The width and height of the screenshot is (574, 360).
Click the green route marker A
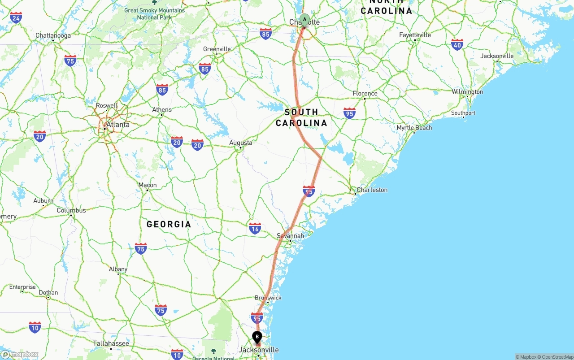pos(304,20)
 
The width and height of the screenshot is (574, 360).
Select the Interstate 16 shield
pos(255,228)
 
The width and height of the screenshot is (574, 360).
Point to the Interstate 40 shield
pos(457,44)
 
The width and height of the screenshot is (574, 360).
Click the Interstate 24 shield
pos(16,17)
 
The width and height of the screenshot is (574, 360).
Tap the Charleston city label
pos(372,190)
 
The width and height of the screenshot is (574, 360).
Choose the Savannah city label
pos(290,236)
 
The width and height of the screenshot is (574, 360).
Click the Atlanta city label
pos(118,125)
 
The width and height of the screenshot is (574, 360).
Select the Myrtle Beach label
pos(414,128)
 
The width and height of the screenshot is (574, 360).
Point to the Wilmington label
pos(467,92)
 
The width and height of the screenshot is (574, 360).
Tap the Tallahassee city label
pos(111,344)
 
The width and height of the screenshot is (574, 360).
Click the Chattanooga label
pos(53,35)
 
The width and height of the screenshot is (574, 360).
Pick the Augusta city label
pos(240,143)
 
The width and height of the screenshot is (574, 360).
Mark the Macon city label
pos(148,185)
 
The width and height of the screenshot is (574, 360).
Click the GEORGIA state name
pos(169,224)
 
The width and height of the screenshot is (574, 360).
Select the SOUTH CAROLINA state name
pos(301,117)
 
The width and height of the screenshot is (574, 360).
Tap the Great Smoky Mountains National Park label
pos(154,13)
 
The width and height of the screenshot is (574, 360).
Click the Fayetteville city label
pos(415,35)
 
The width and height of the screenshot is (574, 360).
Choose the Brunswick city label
pos(268,298)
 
